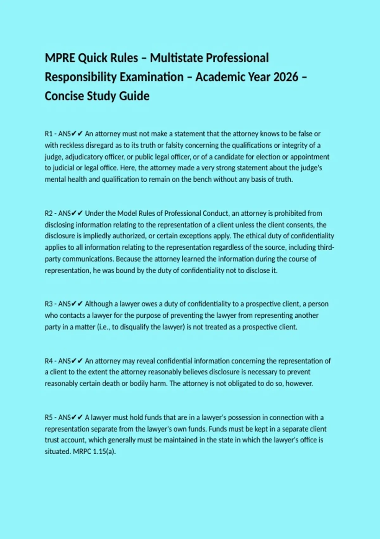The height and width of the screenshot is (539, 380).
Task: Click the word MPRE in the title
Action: pos(60,58)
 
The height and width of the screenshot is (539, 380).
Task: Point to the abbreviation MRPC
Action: pos(82,451)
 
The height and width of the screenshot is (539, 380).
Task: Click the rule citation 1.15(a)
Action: pos(104,451)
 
